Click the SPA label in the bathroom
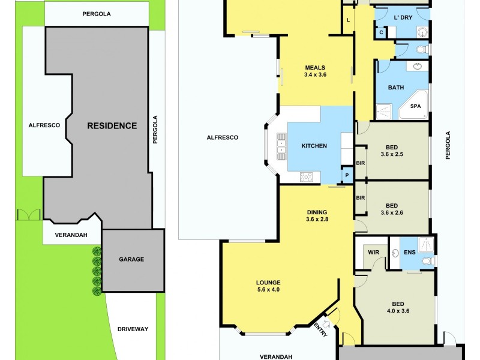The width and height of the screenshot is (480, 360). coord(415,106)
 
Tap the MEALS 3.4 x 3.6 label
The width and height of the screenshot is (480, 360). coord(315,71)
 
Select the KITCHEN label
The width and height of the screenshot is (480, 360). coord(314,146)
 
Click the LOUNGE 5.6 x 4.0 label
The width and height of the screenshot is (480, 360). coord(268,286)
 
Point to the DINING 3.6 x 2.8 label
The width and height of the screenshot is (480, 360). coord(317,215)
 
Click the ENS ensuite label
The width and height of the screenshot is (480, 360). coord(410,253)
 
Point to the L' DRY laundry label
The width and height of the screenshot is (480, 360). coord(403,18)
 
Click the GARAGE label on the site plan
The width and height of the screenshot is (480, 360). coord(131,259)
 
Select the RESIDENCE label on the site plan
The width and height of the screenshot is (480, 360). coord(112,126)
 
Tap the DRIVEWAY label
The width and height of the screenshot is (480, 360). coord(133,329)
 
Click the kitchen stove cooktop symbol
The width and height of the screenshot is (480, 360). coord(307,176)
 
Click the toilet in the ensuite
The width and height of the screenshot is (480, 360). coord(427,261)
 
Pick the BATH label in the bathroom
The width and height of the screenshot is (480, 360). coord(395,88)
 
